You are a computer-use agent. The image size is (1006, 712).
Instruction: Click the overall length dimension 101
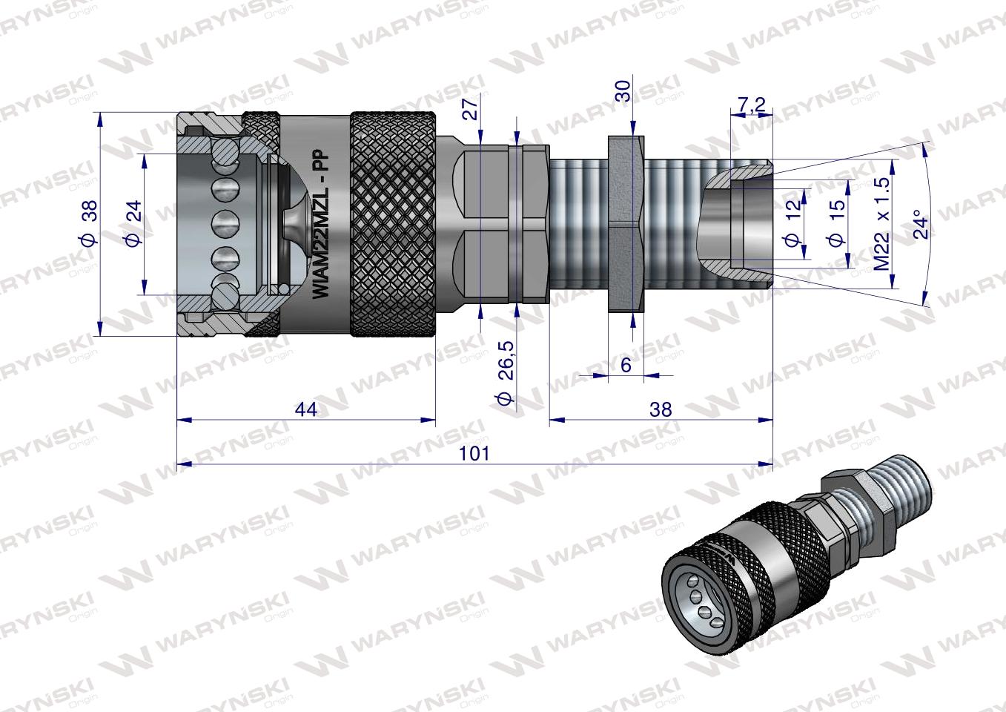point(474,453)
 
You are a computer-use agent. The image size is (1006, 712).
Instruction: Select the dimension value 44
point(305,409)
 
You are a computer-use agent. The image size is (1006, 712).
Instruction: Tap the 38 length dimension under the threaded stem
point(660,409)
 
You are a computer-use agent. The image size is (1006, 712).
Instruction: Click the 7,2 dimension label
point(751,105)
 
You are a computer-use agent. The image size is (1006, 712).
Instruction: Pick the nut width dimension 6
point(626,364)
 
